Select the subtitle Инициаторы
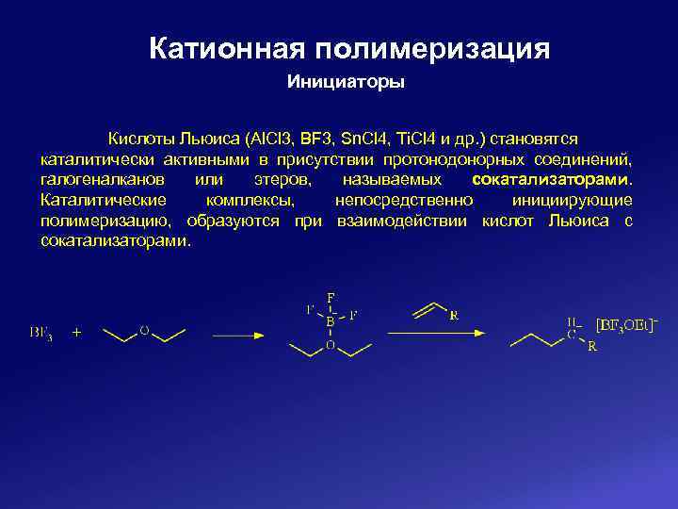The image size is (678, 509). (346, 82)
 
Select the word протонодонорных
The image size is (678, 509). (466, 156)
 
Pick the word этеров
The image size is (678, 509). (278, 177)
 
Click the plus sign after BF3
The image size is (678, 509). (76, 332)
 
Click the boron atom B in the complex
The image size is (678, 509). (331, 320)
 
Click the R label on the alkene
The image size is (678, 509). (454, 316)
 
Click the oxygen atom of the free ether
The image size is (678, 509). (144, 331)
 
